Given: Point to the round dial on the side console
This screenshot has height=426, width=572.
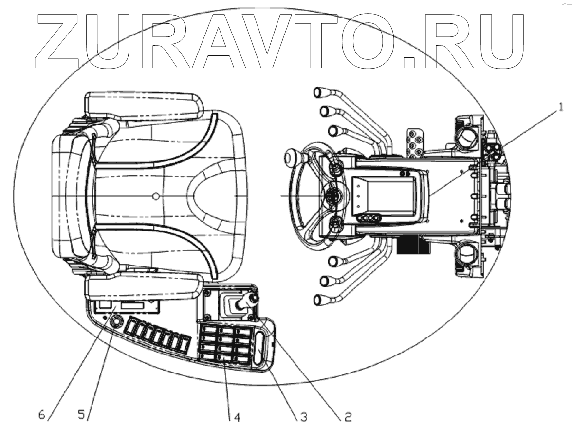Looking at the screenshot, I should tap(117, 321).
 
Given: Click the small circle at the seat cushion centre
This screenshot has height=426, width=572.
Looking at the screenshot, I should tap(155, 195).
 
